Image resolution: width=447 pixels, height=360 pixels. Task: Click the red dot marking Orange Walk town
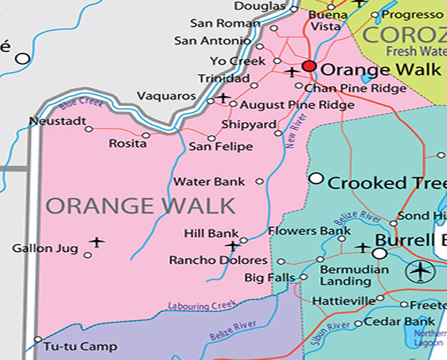pyautogui.click(x=309, y=67)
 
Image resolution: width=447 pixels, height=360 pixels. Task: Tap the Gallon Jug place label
pyautogui.click(x=41, y=248)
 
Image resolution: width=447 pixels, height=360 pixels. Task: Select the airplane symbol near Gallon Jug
pyautogui.click(x=97, y=242)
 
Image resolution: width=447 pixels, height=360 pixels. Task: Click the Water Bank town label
pyautogui.click(x=209, y=182)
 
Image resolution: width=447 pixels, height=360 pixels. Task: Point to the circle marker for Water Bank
pyautogui.click(x=259, y=181)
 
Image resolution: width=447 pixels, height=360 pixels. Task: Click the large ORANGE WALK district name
pyautogui.click(x=141, y=205)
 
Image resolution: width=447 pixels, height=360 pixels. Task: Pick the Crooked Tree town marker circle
pyautogui.click(x=316, y=179)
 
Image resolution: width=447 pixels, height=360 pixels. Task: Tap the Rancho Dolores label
pyautogui.click(x=218, y=261)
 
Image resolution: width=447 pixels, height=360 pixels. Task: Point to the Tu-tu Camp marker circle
pyautogui.click(x=38, y=339)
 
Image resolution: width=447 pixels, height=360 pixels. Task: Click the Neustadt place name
pyautogui.click(x=58, y=122)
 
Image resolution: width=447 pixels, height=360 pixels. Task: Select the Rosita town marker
pyautogui.click(x=146, y=135)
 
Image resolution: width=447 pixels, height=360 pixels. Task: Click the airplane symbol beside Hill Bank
pyautogui.click(x=232, y=245)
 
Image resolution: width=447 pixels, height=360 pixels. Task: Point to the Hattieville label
pyautogui.click(x=343, y=301)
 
